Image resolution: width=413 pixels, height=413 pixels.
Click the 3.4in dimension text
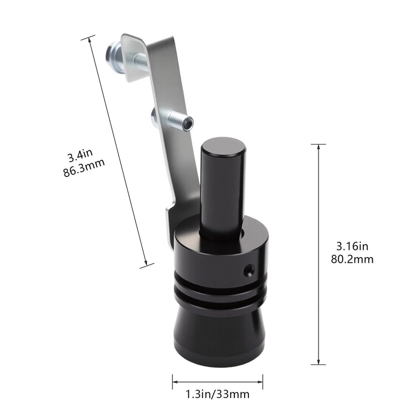click(81, 156)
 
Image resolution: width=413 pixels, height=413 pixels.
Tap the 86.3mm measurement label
click(84, 168)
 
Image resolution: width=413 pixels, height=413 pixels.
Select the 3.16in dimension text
click(352, 247)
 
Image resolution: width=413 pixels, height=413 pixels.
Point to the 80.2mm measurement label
click(352, 260)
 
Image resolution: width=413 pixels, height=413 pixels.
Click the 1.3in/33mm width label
click(217, 394)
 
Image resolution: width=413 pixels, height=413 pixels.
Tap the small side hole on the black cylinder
click(249, 270)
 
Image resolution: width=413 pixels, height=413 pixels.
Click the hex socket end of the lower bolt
click(188, 124)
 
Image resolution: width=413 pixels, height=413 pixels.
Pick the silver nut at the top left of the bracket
click(114, 56)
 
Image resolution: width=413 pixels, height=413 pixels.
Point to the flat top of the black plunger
click(224, 147)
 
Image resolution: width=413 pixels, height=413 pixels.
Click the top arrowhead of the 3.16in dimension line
click(319, 147)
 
